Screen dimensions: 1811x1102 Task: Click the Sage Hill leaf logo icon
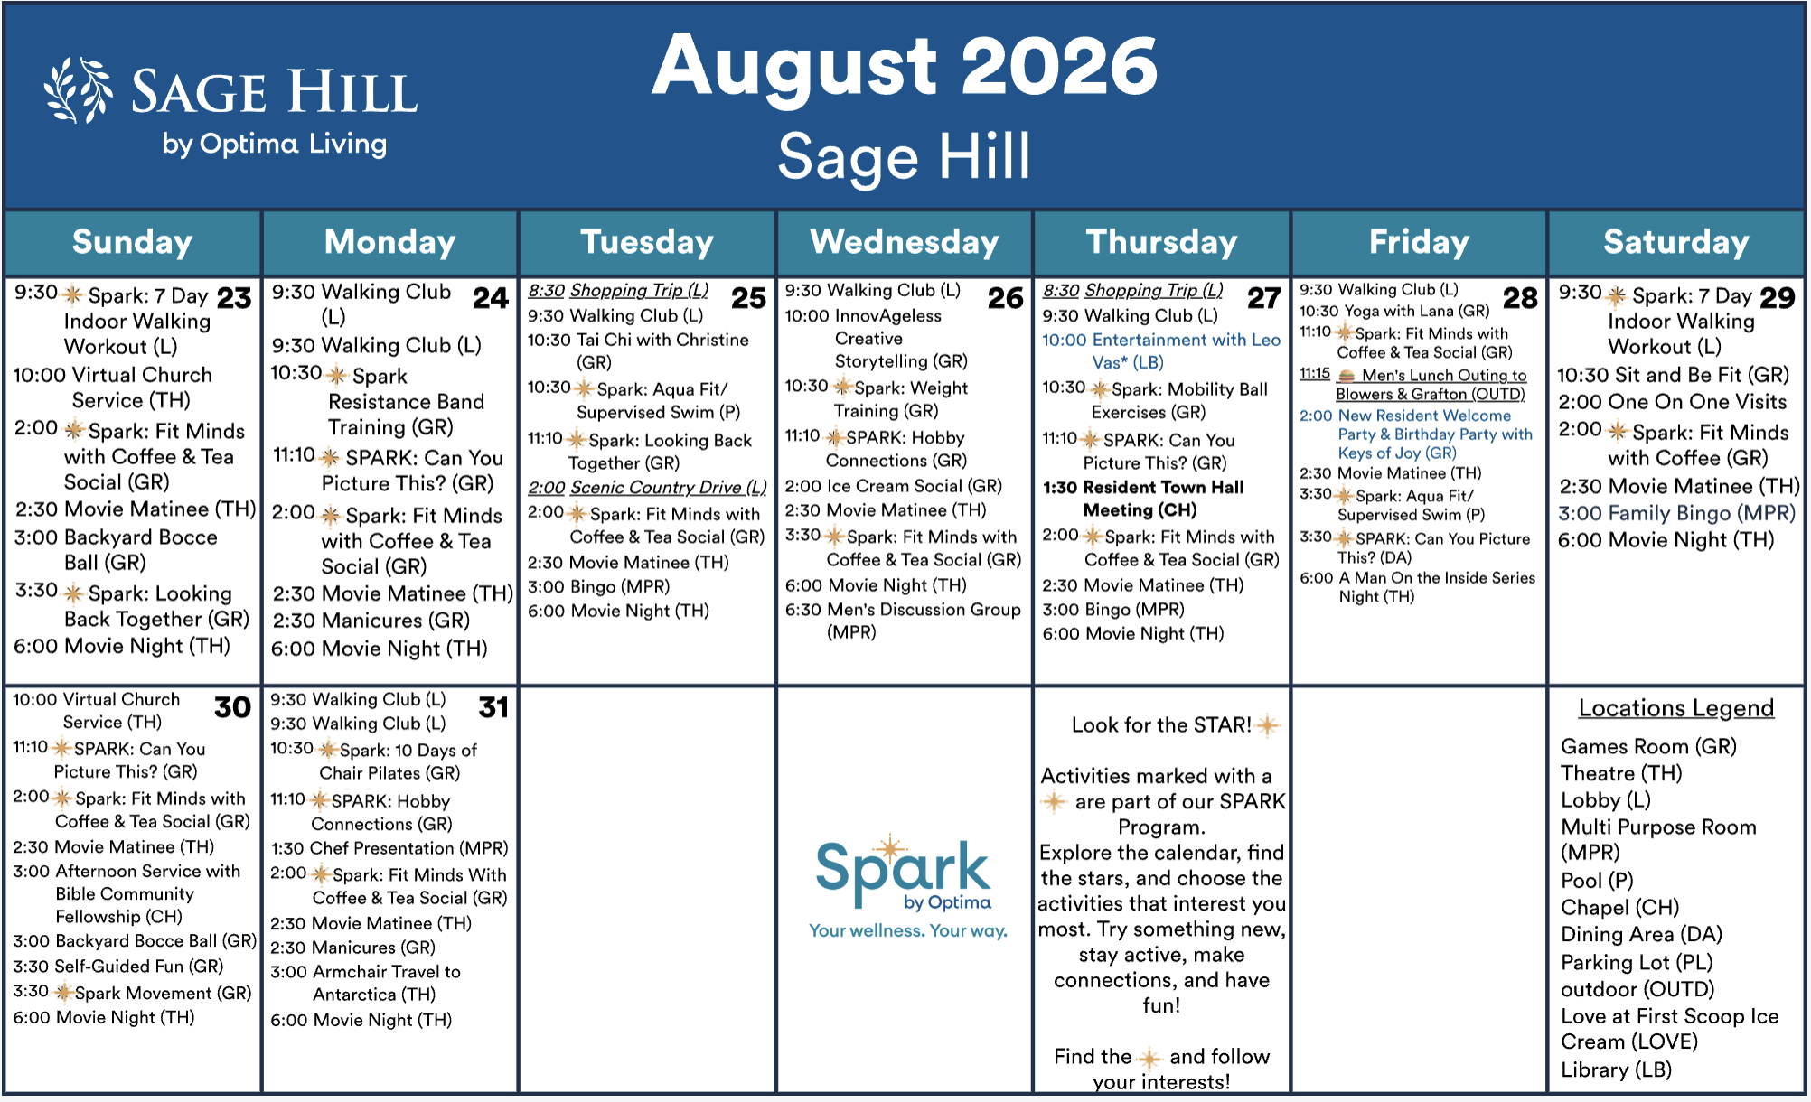point(79,90)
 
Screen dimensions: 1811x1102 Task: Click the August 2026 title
point(905,65)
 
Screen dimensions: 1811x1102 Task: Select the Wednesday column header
point(905,242)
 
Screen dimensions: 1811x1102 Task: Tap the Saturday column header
point(1676,242)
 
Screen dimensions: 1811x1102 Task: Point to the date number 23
point(234,298)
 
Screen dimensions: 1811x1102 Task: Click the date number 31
point(493,707)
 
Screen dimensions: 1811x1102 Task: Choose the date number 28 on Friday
point(1520,298)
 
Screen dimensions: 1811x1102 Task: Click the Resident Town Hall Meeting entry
point(1143,499)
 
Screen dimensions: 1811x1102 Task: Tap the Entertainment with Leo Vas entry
point(1161,350)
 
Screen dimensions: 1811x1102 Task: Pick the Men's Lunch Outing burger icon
point(1347,376)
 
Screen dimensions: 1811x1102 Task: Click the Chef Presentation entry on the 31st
point(389,848)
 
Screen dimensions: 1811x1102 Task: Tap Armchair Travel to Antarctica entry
point(366,983)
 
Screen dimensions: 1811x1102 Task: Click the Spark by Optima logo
point(905,876)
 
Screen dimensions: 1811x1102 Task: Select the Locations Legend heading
point(1676,708)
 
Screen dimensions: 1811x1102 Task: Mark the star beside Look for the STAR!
point(1268,725)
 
